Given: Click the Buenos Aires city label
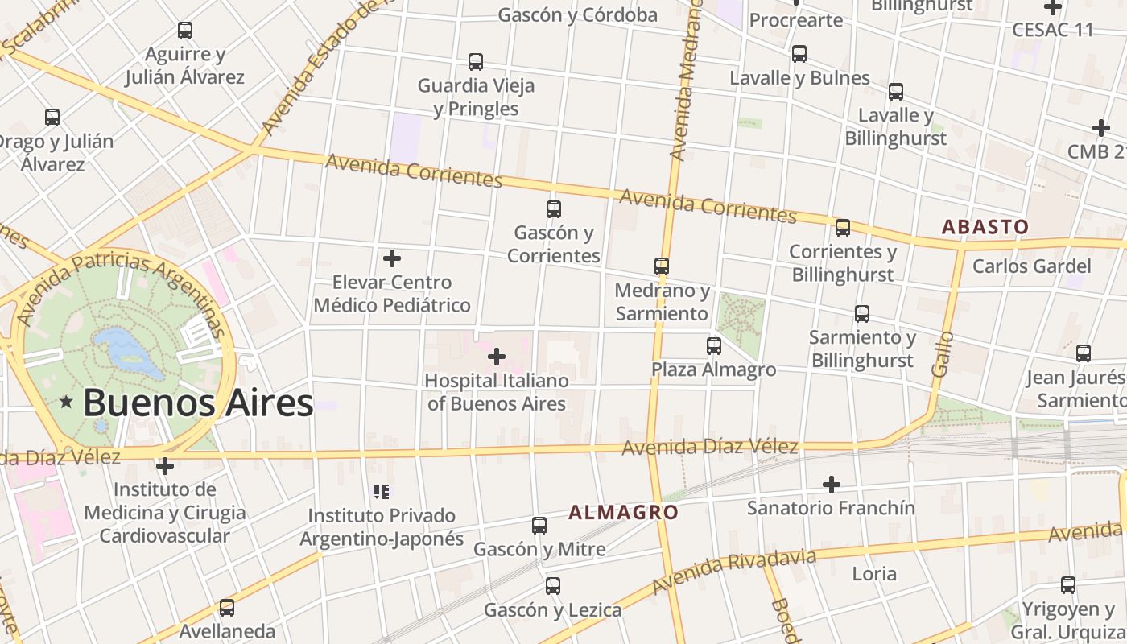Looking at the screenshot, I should [x=197, y=402].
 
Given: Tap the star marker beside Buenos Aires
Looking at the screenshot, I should [x=67, y=401].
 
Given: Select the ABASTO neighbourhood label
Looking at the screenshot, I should [x=985, y=227].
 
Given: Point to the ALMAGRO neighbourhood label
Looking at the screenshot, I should [x=623, y=512].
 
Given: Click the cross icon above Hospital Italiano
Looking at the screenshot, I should [x=497, y=356].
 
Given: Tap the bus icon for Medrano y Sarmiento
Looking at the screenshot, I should [x=662, y=266].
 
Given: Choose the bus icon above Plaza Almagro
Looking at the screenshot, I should [x=714, y=346].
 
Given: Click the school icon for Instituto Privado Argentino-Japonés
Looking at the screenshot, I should [x=382, y=491].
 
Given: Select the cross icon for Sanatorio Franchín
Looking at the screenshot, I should [x=832, y=485].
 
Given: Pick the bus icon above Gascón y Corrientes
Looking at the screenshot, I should [x=554, y=209].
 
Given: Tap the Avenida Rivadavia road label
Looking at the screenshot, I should [x=734, y=571].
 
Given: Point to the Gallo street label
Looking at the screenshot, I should [x=943, y=354].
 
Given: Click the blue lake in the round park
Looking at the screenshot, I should [x=129, y=352].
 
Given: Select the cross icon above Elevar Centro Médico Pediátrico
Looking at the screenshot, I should [x=392, y=258].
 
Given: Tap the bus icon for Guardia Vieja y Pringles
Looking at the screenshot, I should [x=476, y=62].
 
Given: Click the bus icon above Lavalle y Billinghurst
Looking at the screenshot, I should [x=896, y=92].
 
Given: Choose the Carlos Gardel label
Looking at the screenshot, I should [x=1031, y=266].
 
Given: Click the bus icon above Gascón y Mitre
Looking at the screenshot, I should [x=539, y=526].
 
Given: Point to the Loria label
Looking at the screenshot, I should [x=874, y=574].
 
